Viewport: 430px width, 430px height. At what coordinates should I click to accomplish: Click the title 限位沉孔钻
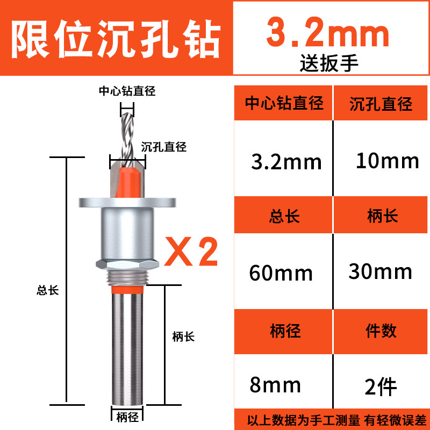tap(116, 38)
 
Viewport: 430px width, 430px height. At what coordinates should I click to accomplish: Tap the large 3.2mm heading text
tap(328, 33)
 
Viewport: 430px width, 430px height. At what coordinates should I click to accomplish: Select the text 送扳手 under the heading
tap(329, 63)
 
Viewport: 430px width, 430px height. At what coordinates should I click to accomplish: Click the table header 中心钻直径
tap(284, 103)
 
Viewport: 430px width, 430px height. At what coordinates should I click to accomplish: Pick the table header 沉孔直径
tap(381, 103)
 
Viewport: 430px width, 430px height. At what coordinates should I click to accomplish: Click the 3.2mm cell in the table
tap(286, 161)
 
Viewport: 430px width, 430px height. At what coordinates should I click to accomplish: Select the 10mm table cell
tap(387, 160)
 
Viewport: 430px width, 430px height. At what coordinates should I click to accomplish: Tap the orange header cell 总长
tap(284, 216)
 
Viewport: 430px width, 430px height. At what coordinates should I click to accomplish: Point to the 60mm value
tap(281, 273)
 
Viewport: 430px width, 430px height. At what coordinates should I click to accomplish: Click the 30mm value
tap(381, 271)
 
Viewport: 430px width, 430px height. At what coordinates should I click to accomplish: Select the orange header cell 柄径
tap(284, 331)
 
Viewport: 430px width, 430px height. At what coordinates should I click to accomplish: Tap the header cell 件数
tap(381, 331)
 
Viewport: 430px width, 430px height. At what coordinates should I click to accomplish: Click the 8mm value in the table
tap(275, 385)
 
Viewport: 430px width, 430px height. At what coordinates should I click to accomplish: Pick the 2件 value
tap(381, 385)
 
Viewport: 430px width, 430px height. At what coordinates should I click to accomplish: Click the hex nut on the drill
tap(127, 263)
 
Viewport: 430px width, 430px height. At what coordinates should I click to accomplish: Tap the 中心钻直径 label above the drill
tap(127, 91)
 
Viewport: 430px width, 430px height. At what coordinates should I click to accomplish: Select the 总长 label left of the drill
tap(47, 290)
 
